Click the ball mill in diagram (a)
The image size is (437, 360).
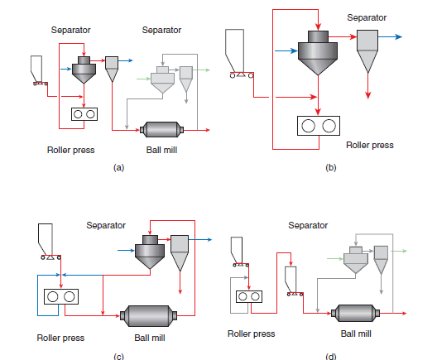point(161,130)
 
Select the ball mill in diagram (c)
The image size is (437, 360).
point(148,315)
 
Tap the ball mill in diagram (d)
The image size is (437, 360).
point(355,313)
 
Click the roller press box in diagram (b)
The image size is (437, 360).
point(319,126)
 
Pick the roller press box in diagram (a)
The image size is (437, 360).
point(84,114)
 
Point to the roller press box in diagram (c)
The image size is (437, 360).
point(61,296)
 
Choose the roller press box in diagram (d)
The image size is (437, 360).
point(249,296)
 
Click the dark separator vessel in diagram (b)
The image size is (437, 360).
point(318,53)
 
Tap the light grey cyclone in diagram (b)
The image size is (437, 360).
point(367,51)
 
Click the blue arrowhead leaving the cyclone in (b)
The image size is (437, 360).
point(399,36)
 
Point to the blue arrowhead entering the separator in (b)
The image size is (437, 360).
point(294,50)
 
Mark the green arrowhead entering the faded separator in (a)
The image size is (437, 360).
point(147,79)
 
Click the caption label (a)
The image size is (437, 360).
point(118,168)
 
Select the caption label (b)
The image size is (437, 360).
point(331,168)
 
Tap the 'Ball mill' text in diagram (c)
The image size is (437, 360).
point(150,338)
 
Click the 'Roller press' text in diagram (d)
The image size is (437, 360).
point(252,334)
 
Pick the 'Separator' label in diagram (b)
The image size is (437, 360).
point(367,17)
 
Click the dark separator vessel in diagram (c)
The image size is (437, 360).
point(150,252)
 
